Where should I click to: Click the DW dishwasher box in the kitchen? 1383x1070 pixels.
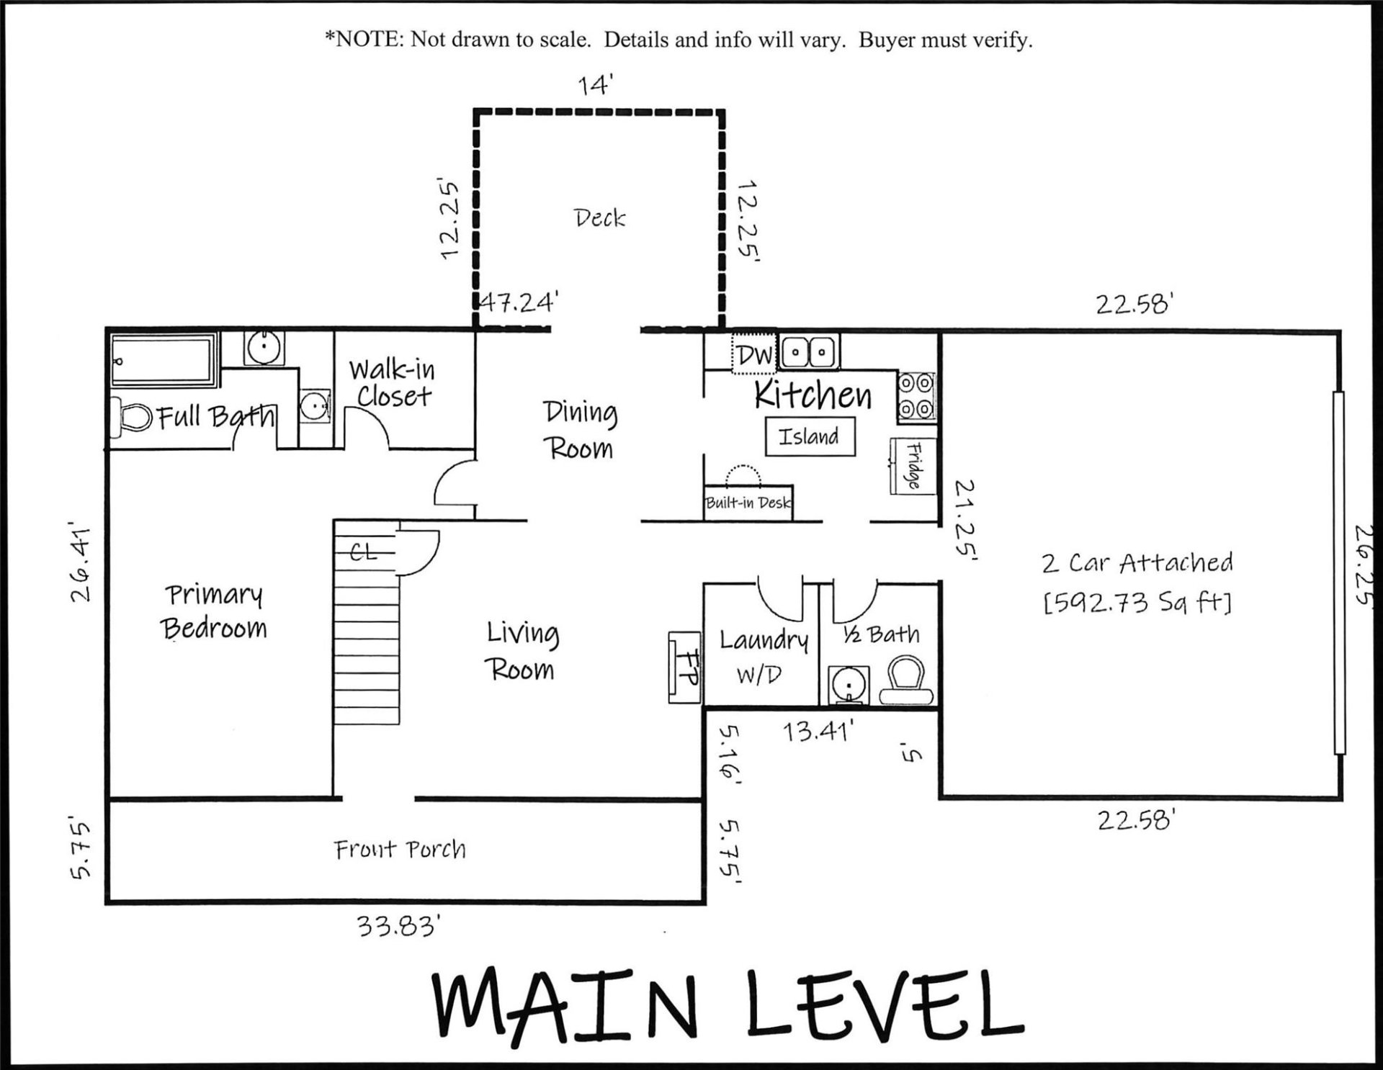coord(754,354)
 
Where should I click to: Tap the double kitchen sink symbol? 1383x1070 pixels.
coord(808,353)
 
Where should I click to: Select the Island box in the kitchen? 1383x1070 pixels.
coord(810,436)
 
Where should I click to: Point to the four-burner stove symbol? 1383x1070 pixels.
coord(916,397)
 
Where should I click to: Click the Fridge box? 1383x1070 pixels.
coord(913,466)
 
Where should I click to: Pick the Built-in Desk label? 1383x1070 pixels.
coord(748,503)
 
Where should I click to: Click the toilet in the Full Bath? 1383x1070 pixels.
coord(131,418)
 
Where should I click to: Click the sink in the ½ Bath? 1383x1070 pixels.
coord(850,683)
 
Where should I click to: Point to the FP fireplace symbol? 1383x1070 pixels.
coord(684,667)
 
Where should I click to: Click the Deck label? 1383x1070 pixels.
coord(599,217)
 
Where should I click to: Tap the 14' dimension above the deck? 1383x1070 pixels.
coord(595,85)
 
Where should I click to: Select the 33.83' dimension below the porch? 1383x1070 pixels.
coord(398,925)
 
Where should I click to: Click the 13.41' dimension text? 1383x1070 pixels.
coord(818,732)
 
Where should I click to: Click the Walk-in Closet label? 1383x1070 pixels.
coord(393,383)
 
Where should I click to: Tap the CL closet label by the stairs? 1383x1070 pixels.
coord(364,552)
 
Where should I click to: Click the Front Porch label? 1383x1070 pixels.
coord(400,850)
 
